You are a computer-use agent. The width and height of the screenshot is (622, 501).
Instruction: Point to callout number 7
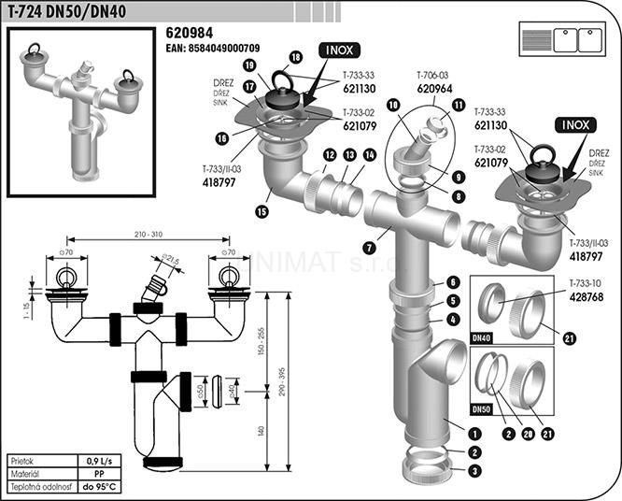coord(370,248)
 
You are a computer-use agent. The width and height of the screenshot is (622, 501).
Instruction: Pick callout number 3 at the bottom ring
coord(476,471)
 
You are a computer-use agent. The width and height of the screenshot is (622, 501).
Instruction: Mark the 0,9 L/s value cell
coord(99,462)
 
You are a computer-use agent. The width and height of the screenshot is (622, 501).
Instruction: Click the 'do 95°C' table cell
coord(99,486)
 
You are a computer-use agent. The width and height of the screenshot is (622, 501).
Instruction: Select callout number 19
coord(250,64)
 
